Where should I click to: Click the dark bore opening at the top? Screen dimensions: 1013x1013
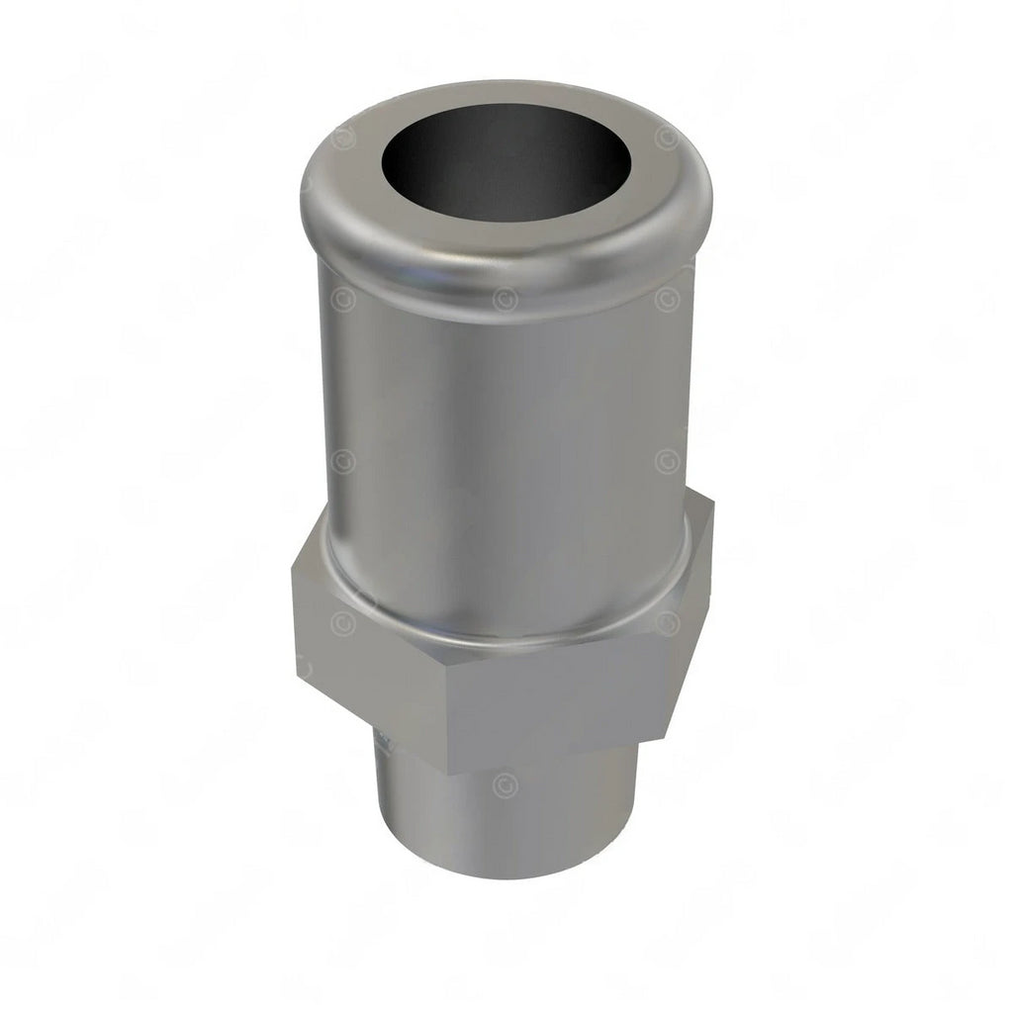click(505, 164)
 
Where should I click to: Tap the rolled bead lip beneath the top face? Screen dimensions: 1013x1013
click(505, 267)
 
